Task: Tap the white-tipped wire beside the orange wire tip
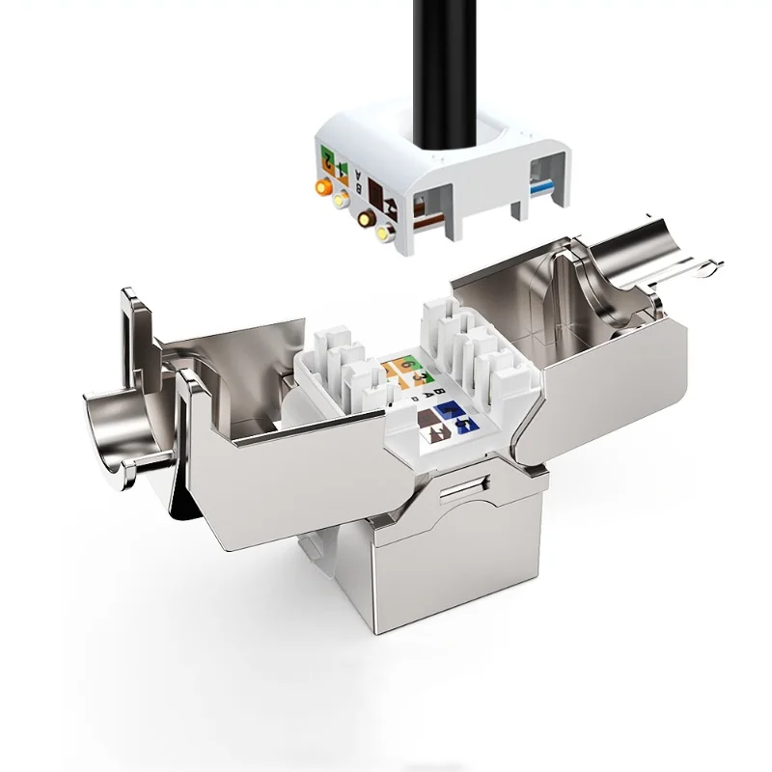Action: pyautogui.click(x=340, y=201)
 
